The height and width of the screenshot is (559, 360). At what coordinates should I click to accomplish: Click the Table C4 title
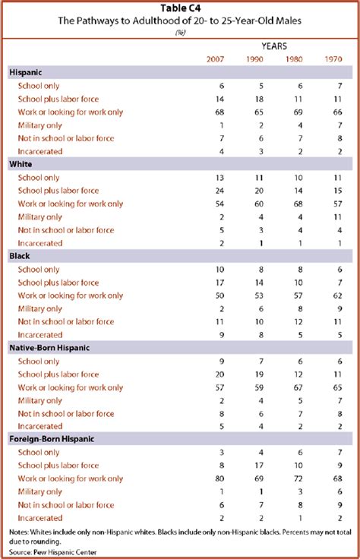[179, 8]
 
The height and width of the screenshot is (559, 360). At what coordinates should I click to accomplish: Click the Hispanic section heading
[27, 73]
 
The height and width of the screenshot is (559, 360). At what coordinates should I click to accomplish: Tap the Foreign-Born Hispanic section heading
[52, 440]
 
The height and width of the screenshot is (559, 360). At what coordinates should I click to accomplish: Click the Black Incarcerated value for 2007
[221, 335]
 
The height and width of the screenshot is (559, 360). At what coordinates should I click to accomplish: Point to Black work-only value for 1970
[340, 295]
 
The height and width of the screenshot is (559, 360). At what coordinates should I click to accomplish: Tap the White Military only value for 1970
[340, 216]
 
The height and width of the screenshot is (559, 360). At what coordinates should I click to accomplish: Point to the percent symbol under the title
[179, 33]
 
